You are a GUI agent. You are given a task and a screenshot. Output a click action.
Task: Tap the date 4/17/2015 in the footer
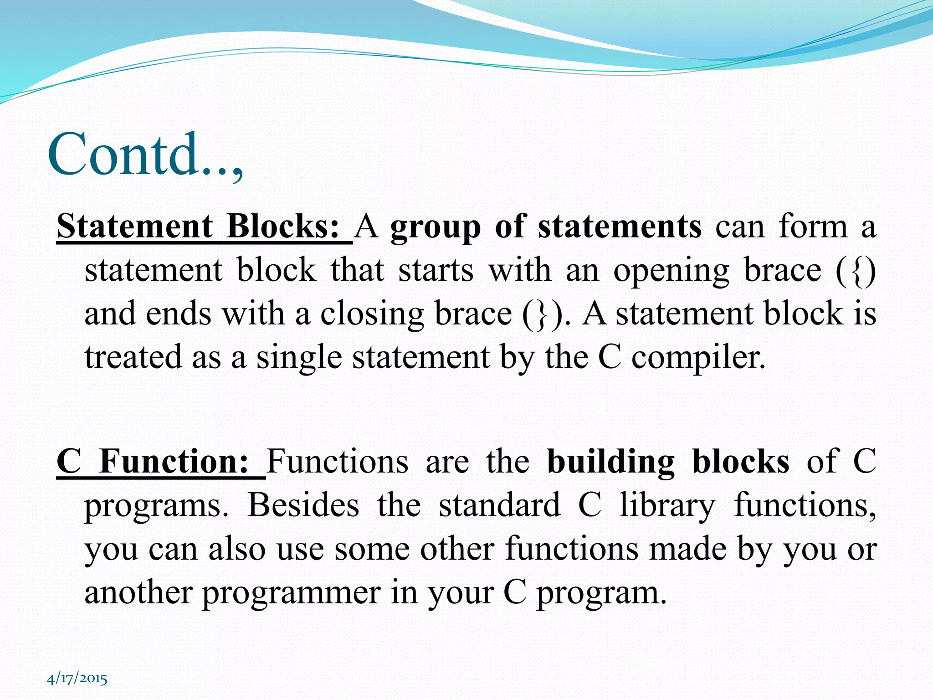[77, 679]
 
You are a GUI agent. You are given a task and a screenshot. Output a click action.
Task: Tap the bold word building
[610, 462]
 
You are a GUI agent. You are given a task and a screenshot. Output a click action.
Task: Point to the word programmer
[291, 593]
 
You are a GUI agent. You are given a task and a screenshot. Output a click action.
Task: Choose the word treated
[133, 357]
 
